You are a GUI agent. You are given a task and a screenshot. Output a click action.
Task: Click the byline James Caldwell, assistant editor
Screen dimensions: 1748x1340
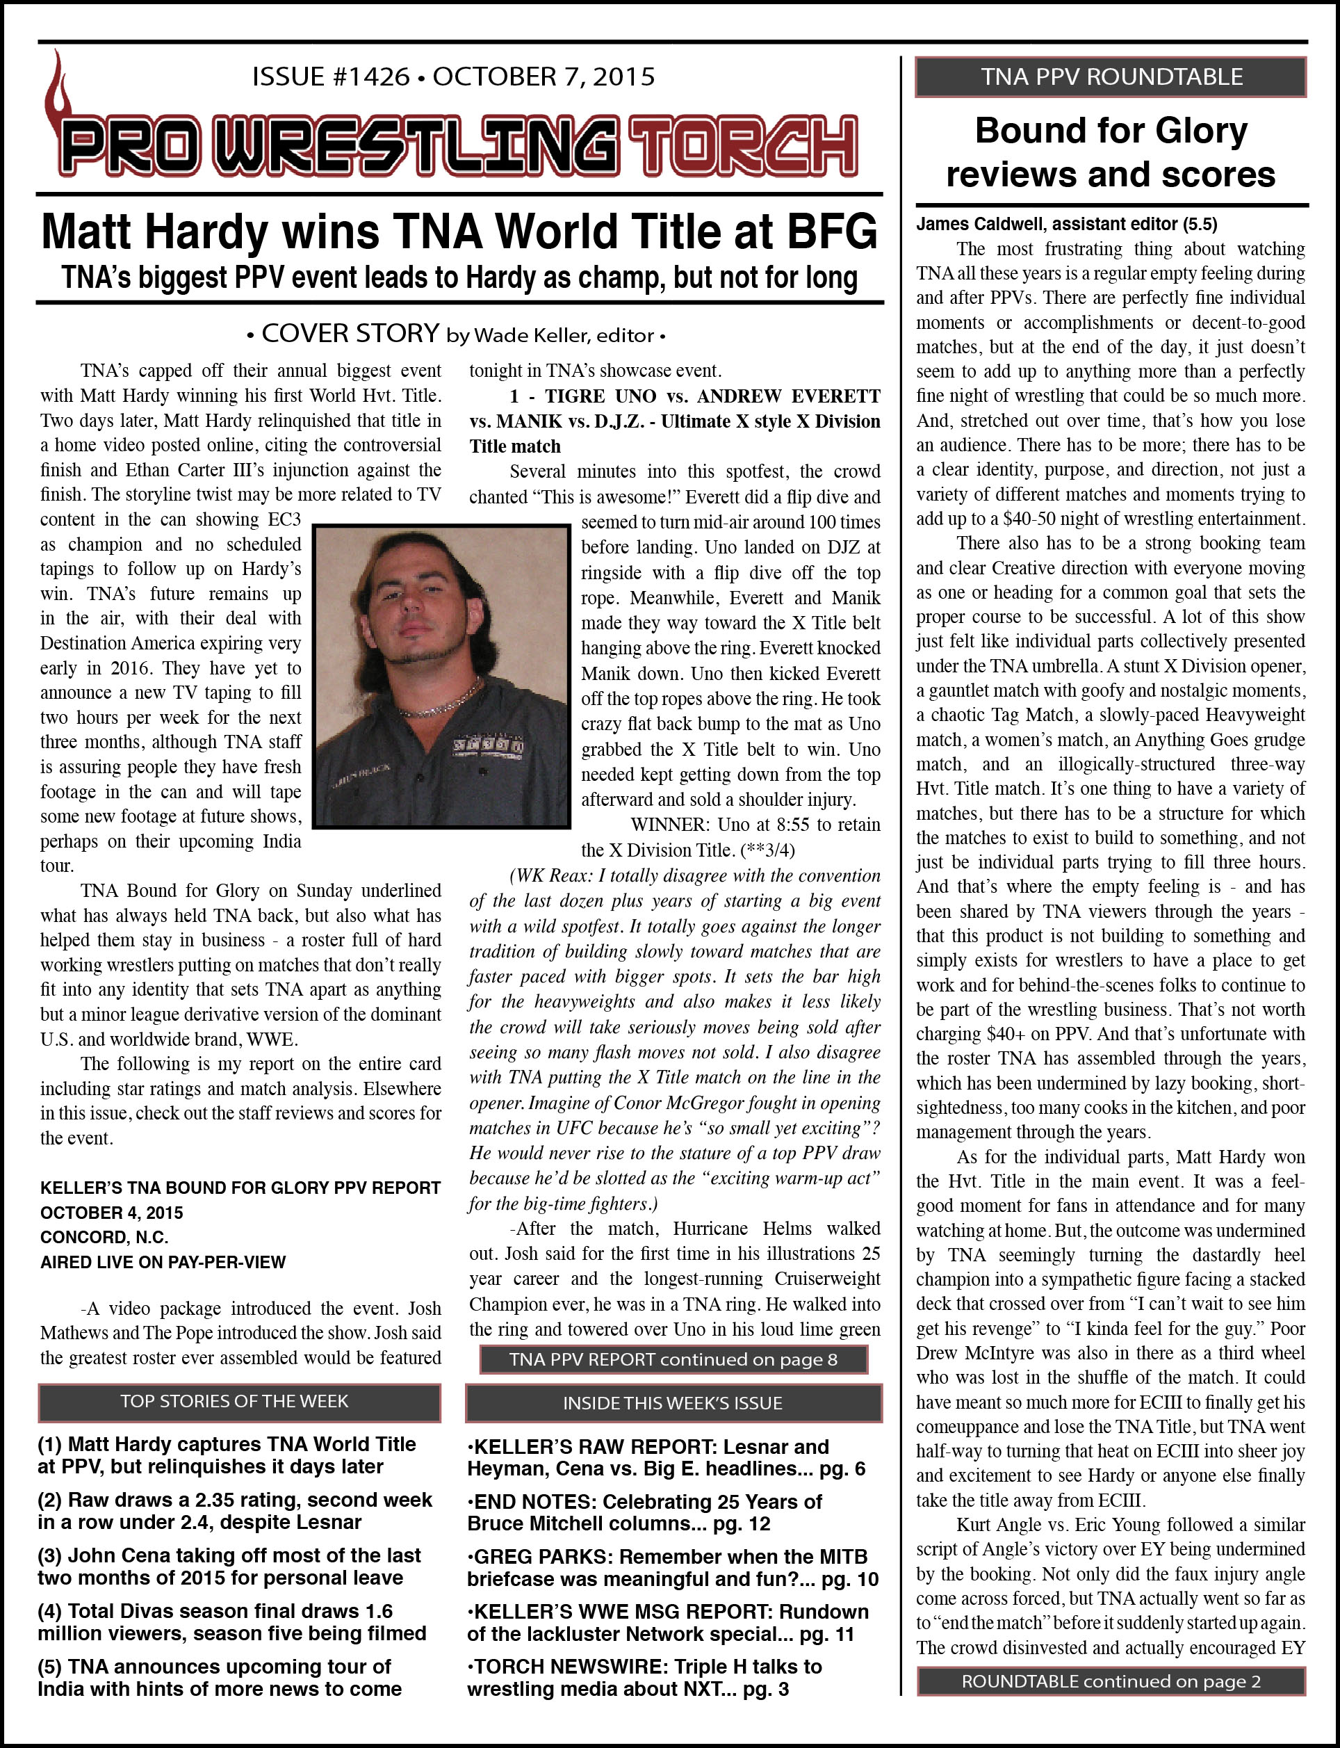pos(1065,224)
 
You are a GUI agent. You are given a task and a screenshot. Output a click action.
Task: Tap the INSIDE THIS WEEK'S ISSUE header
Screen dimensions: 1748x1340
pos(673,1404)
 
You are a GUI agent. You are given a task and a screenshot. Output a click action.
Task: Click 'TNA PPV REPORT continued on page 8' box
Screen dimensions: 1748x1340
pos(673,1360)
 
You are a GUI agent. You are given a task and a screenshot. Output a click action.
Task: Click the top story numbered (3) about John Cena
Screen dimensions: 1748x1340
pos(230,1566)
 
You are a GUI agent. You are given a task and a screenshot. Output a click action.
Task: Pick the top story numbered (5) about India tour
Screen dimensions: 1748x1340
pos(220,1678)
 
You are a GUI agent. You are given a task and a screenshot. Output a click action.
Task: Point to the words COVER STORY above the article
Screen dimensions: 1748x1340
pos(350,334)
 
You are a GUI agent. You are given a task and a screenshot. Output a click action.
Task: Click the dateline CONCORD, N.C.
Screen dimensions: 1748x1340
pos(104,1238)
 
